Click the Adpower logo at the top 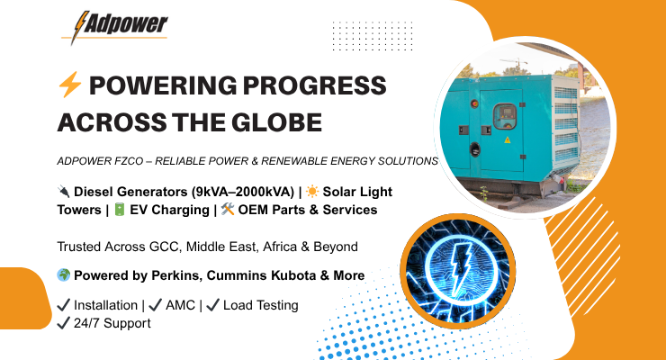pos(114,27)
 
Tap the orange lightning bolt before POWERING pos(70,85)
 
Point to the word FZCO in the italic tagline pos(129,161)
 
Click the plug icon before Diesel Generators pos(63,191)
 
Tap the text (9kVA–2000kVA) pos(243,192)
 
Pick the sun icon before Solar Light pos(312,192)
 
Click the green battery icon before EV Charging pos(120,210)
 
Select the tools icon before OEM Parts pos(228,209)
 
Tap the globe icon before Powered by pos(64,275)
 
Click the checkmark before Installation pos(63,305)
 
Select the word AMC pos(180,305)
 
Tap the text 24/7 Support pos(112,323)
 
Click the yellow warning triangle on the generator pos(507,139)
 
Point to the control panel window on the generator pos(505,115)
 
